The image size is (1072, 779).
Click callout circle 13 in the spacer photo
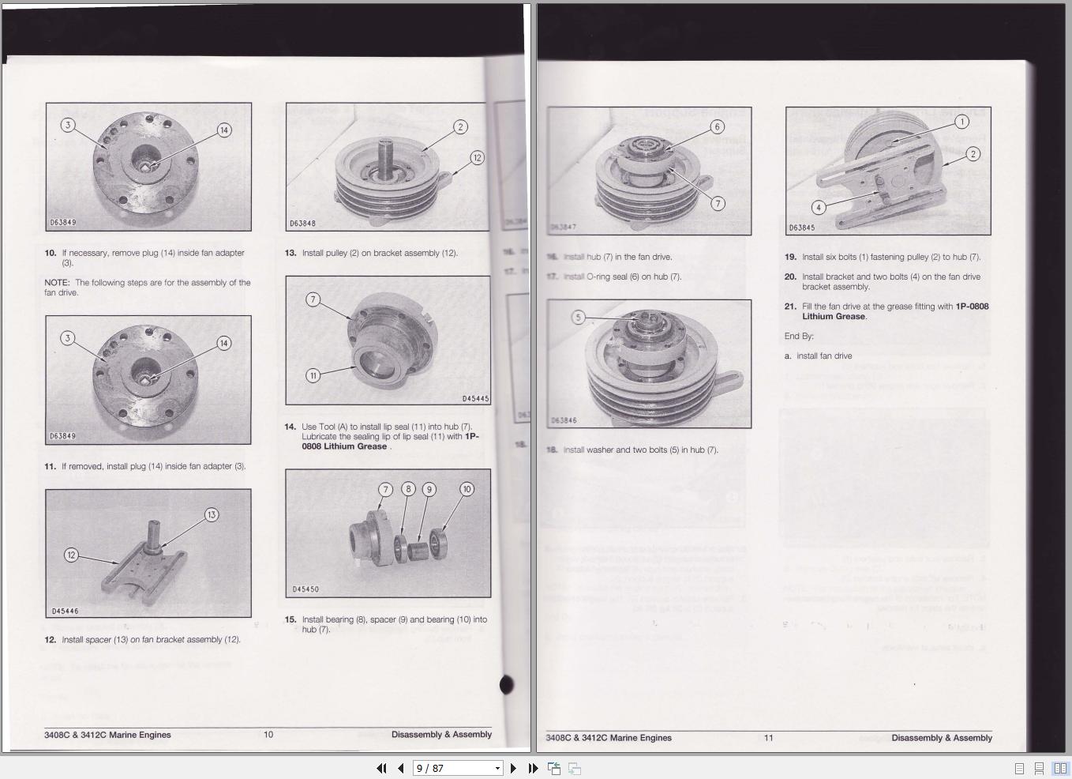click(x=212, y=515)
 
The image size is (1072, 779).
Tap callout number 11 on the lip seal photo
click(x=313, y=375)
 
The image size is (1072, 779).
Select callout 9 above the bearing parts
click(x=429, y=489)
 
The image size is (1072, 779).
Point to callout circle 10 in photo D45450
click(x=467, y=489)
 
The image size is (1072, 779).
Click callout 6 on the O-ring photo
click(x=718, y=126)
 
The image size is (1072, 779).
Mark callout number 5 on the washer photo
click(x=579, y=318)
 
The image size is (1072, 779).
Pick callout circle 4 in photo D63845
click(x=819, y=208)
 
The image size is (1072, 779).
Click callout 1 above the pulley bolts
click(x=961, y=122)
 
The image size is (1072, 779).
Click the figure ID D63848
click(x=303, y=224)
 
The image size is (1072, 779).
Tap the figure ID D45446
click(x=65, y=611)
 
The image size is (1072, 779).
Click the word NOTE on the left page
click(x=57, y=282)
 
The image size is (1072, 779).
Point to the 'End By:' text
click(x=799, y=336)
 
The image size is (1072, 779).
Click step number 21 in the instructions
click(x=790, y=307)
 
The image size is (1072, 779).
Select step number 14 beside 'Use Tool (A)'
click(x=290, y=427)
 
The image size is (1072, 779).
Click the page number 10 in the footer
click(x=268, y=735)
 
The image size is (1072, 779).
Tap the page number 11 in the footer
click(x=768, y=738)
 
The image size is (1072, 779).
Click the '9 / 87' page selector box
click(x=458, y=768)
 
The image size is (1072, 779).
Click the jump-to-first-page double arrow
click(x=381, y=768)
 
